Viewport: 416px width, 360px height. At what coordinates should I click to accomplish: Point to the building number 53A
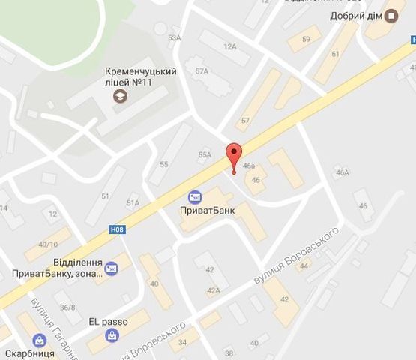tap(175, 37)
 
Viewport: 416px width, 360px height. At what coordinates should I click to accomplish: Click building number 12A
tap(229, 46)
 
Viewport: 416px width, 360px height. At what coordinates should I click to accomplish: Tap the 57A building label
tap(201, 71)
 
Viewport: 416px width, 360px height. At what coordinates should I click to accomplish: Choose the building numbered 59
tap(305, 39)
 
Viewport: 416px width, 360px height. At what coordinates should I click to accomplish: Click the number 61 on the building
tap(334, 54)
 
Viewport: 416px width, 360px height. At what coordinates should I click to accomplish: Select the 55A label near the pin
tap(205, 154)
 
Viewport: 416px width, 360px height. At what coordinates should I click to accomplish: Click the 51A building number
tap(133, 203)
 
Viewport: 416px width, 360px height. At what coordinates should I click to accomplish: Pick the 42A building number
tap(214, 290)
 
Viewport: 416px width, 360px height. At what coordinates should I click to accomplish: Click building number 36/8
tap(68, 307)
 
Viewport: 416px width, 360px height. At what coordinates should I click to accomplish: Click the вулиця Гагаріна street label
tap(54, 325)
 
